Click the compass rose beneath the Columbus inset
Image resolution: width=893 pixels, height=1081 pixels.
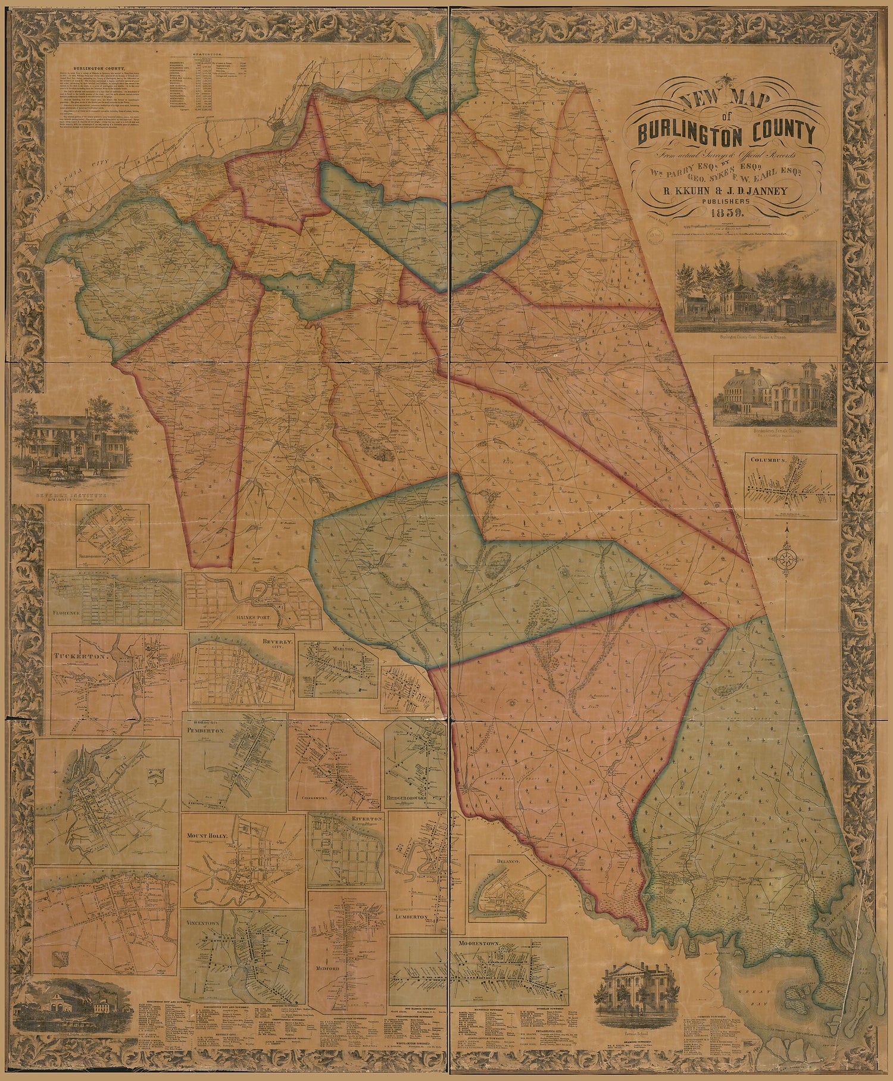[787, 558]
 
